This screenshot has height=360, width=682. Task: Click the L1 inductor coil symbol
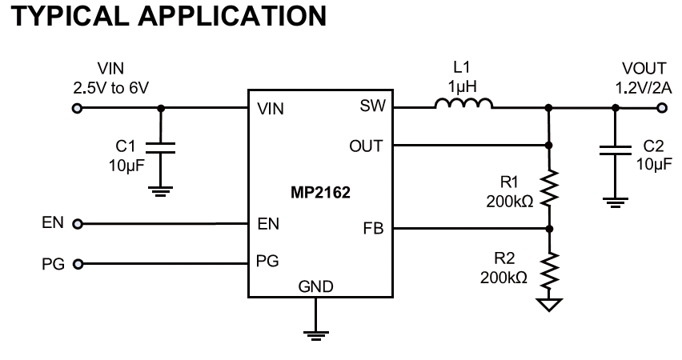463,103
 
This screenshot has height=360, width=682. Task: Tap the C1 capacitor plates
161,148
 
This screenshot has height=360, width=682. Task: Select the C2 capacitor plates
615,150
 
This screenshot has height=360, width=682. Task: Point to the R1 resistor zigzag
549,187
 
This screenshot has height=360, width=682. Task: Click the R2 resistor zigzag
550,270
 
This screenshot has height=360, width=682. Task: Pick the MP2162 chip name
320,192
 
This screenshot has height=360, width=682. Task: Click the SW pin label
373,106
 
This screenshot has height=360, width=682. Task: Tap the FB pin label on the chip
373,228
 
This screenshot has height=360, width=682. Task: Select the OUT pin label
366,146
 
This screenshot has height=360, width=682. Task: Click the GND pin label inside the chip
315,286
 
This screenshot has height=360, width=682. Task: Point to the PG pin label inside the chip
267,261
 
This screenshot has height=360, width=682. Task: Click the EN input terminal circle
78,224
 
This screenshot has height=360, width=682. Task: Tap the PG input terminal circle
78,264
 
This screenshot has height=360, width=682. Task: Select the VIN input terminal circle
77,108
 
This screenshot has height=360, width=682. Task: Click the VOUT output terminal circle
662,107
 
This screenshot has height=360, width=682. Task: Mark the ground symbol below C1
161,191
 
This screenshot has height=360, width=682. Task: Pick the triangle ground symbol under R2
550,304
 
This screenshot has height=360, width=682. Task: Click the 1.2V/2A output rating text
643,88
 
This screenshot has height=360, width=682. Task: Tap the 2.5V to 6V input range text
111,88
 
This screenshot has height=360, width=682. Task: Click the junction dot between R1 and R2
549,229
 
